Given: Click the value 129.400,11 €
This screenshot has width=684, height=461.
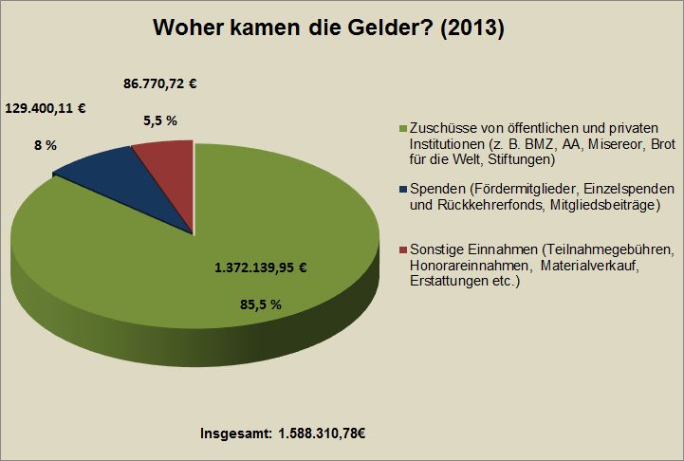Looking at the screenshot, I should (x=46, y=109).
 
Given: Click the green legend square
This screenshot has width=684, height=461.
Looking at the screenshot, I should (x=403, y=129).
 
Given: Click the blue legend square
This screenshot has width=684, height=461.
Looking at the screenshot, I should (x=403, y=190).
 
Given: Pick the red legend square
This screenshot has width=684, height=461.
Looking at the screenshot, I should (x=403, y=249).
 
